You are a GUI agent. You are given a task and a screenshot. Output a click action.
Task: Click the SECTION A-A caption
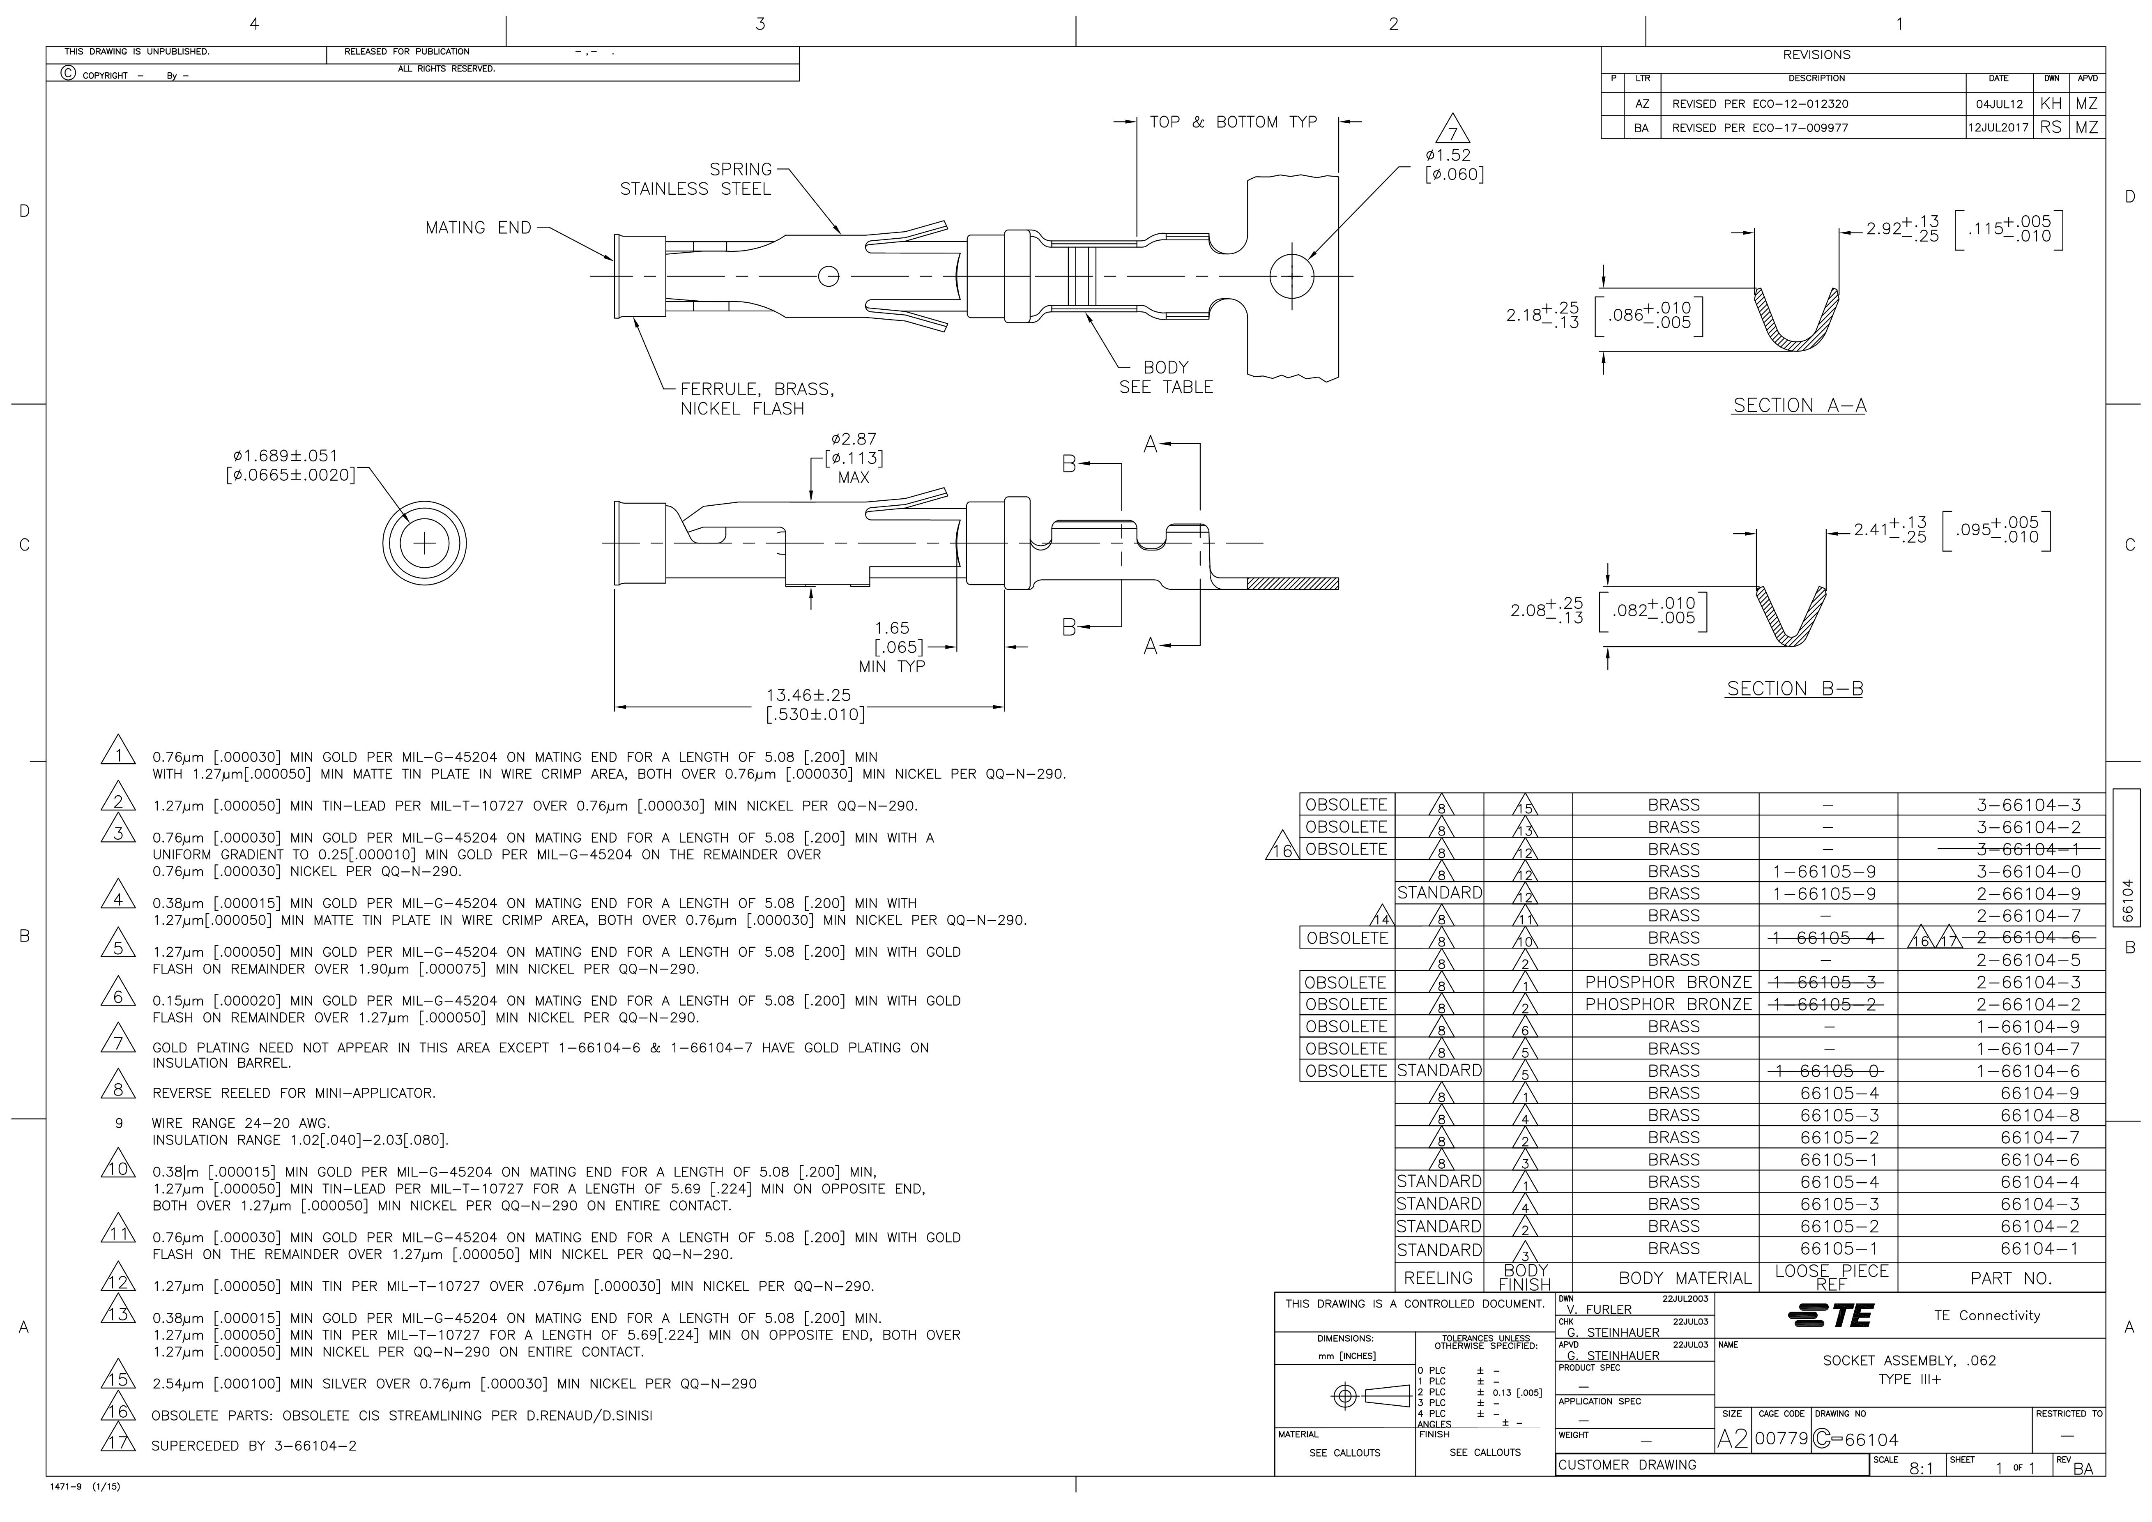tap(1799, 406)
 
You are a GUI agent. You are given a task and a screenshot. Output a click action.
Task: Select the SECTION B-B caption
tap(1794, 689)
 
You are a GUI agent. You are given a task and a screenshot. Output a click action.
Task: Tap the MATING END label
tap(478, 228)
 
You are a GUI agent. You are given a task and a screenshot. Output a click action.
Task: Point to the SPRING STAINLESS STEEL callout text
tap(695, 179)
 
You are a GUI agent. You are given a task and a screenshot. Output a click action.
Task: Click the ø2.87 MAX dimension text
tap(853, 458)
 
